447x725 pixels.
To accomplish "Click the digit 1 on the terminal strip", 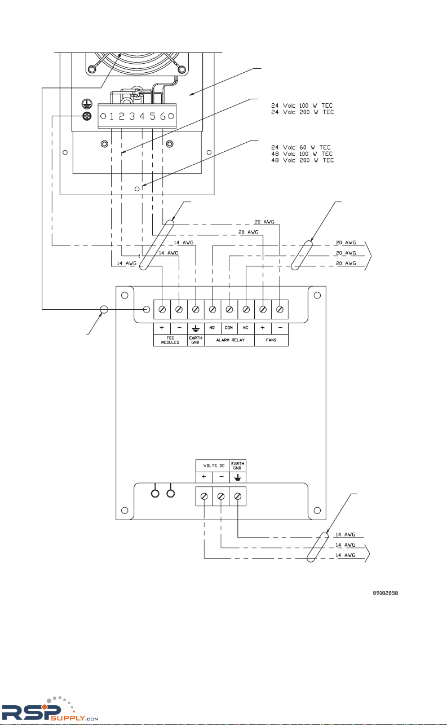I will point(112,116).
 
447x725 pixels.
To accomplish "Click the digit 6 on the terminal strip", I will point(162,116).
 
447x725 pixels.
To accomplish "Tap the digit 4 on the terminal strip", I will point(142,116).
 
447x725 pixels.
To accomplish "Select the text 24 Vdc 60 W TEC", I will point(299,147).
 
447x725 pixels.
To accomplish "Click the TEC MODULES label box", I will point(170,340).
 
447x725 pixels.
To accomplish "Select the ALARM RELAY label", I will point(229,340).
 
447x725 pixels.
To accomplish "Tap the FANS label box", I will point(271,340).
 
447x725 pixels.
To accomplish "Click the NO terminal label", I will point(212,328).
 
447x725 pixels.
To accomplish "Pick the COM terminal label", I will point(229,328).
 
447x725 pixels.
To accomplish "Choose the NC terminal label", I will point(246,328).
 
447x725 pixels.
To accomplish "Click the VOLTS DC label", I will point(212,465).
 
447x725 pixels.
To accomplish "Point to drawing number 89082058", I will point(389,593).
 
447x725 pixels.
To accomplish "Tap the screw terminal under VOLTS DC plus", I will point(204,496).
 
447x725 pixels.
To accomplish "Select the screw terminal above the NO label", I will point(213,310).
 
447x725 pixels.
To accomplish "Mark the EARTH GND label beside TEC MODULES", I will point(196,340).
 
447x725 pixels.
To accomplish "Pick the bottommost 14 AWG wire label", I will point(346,556).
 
